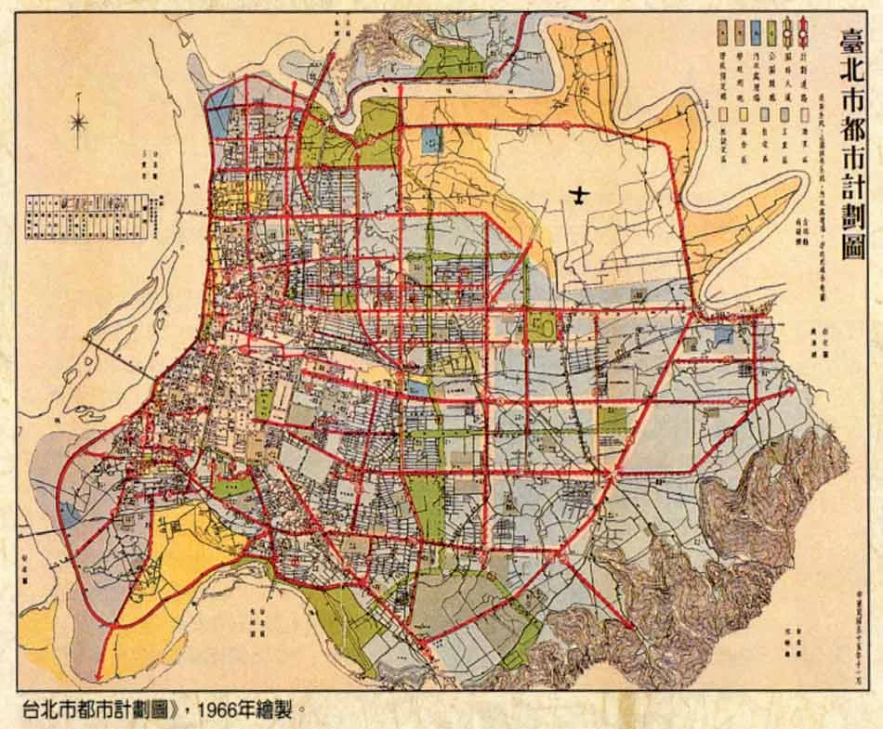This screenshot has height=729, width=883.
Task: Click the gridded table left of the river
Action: [x=84, y=204]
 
